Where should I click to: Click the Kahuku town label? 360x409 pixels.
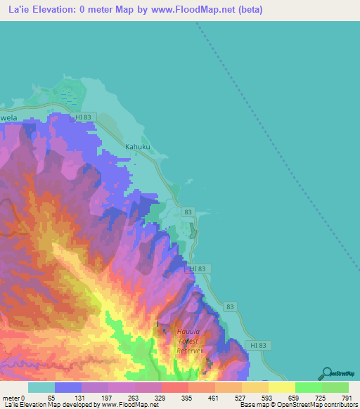click(138, 147)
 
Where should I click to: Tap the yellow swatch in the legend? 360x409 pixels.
click(281, 387)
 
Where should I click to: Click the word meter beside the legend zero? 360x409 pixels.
click(10, 397)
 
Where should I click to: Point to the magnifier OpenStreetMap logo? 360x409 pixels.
click(326, 373)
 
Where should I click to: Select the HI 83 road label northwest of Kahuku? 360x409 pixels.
click(83, 116)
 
